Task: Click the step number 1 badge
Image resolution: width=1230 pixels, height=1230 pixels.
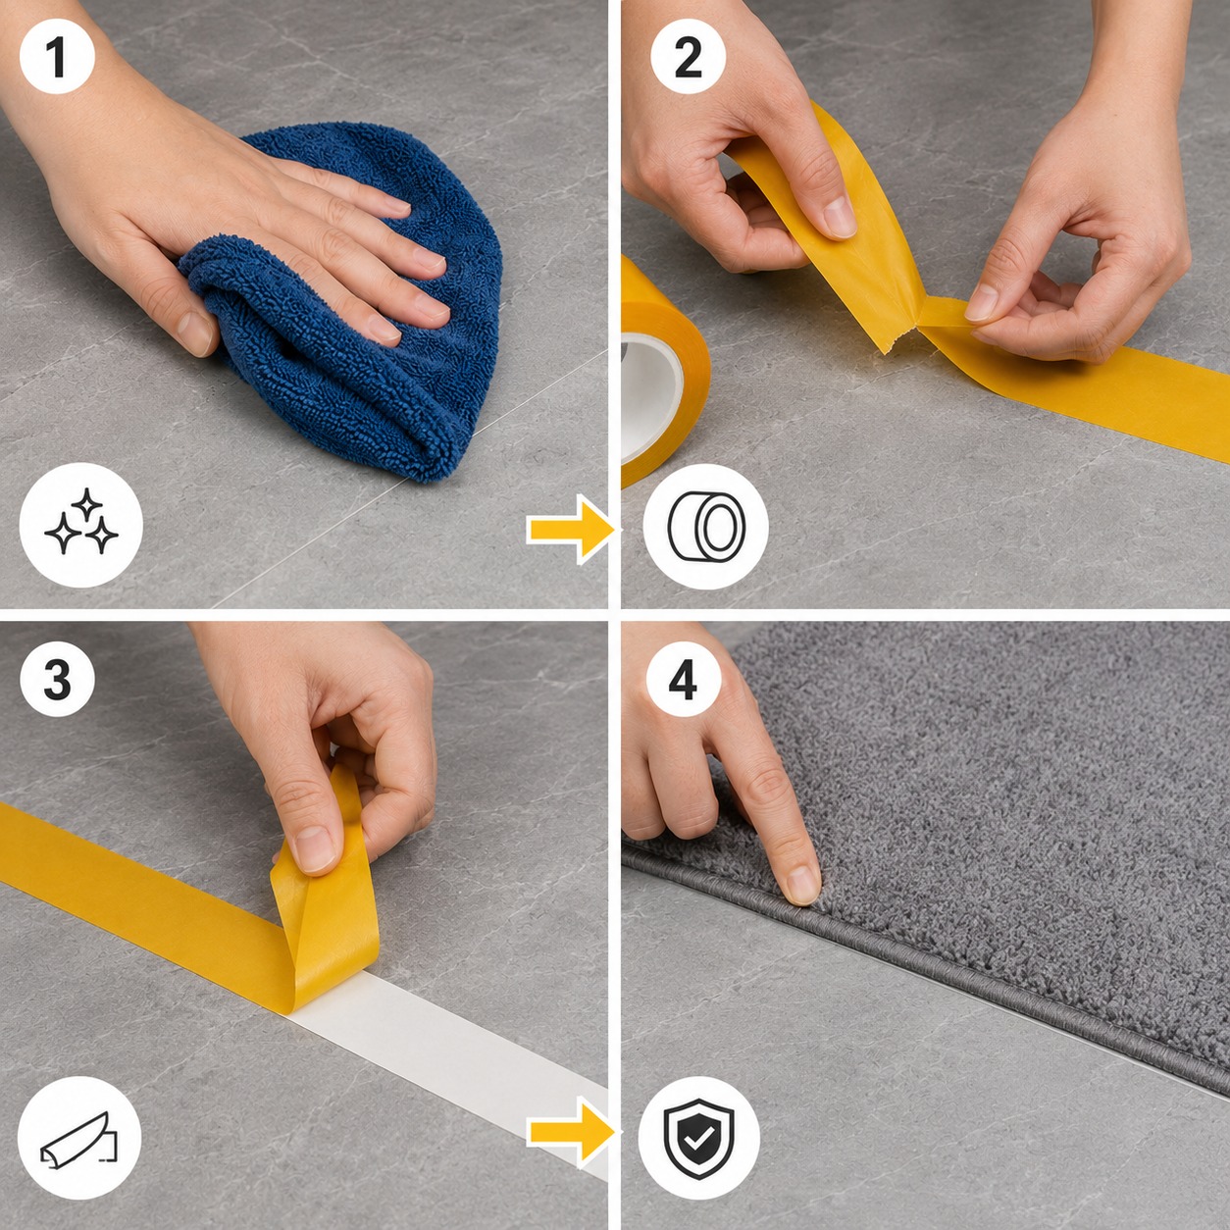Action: pyautogui.click(x=58, y=57)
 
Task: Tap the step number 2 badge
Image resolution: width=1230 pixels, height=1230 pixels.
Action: pyautogui.click(x=689, y=57)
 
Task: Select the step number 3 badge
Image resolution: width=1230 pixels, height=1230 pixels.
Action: pyautogui.click(x=58, y=679)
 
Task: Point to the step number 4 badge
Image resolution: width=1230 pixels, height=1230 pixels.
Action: pyautogui.click(x=683, y=679)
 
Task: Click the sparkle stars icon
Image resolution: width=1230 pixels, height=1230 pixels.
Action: pyautogui.click(x=81, y=525)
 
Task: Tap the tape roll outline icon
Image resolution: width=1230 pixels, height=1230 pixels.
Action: pyautogui.click(x=706, y=527)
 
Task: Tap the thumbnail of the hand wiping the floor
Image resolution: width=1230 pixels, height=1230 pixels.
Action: pyautogui.click(x=194, y=332)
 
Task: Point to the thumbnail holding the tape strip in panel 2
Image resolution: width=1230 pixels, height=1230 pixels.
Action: pyautogui.click(x=840, y=217)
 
